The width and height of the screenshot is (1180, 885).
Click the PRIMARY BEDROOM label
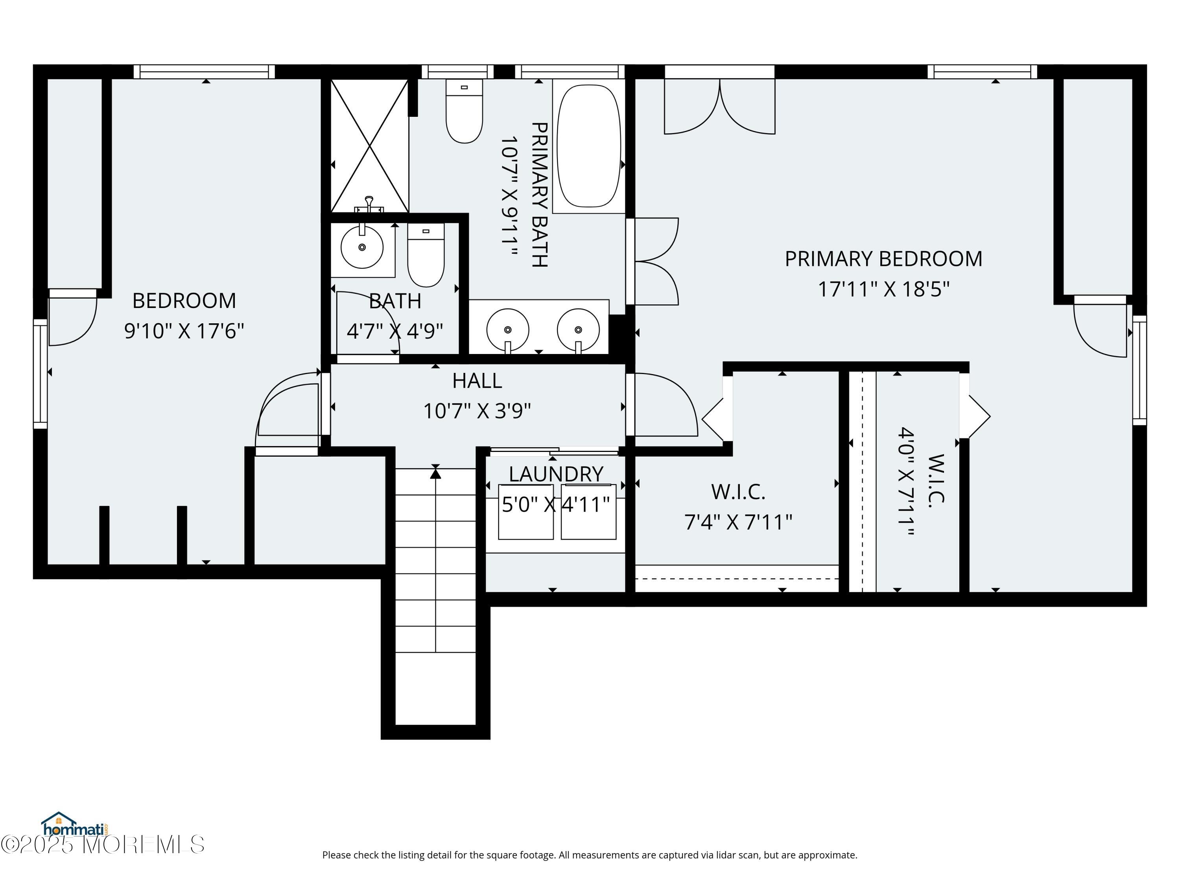883,259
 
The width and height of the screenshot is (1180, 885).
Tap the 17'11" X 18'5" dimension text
883,289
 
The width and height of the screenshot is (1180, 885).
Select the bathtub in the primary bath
588,146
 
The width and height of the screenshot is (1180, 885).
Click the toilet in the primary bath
464,111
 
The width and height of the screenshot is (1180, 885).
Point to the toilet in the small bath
426,255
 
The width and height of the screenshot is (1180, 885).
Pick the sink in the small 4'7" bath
362,247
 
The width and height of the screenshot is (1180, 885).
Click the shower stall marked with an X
370,146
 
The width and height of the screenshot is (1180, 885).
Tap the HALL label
477,381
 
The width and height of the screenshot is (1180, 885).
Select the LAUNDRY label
556,474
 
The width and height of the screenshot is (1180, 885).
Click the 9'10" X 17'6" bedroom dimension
184,331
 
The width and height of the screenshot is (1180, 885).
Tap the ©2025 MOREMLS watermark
102,844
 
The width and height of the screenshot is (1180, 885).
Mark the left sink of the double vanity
508,330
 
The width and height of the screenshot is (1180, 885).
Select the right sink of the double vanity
578,330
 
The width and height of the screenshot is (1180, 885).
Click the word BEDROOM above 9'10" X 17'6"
184,301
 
